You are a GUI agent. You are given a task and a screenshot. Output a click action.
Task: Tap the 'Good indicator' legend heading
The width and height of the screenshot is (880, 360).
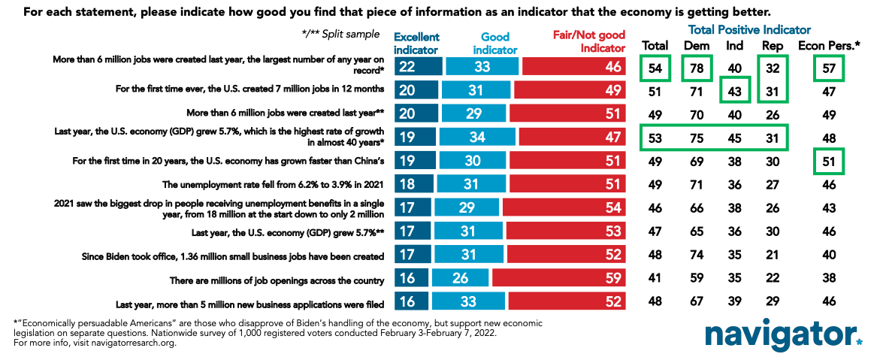[x=495, y=43]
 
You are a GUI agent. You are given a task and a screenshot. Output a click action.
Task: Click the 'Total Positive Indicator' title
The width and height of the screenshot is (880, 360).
[x=749, y=30]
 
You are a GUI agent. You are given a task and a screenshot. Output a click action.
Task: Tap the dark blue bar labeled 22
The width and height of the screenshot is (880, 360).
[x=418, y=67]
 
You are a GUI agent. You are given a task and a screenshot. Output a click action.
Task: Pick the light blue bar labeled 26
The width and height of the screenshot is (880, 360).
[x=459, y=280]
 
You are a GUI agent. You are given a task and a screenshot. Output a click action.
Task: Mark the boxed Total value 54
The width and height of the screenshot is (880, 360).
[x=654, y=68]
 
